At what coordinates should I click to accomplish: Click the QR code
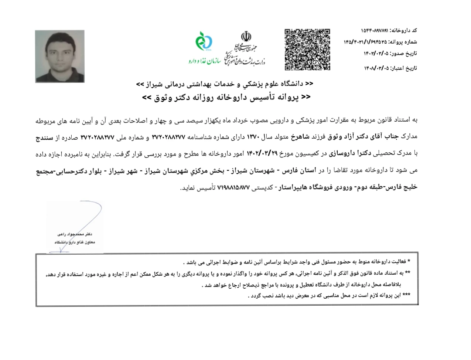307,50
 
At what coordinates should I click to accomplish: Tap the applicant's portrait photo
60,56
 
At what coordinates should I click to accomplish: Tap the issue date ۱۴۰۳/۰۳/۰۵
376,53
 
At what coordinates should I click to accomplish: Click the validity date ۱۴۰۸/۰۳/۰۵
376,68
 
